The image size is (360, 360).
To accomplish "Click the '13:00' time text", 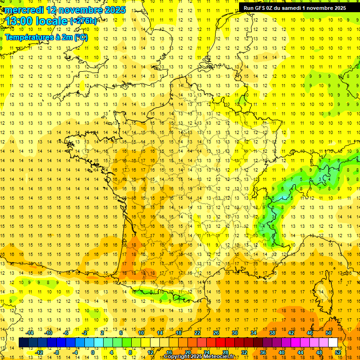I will (19, 21).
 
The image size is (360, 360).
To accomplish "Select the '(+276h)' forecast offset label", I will (83, 21).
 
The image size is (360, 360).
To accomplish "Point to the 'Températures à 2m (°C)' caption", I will (46, 37).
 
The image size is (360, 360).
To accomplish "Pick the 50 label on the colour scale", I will (328, 333).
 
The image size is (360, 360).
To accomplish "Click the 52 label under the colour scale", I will (337, 352).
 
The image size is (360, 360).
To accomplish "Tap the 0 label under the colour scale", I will (93, 352).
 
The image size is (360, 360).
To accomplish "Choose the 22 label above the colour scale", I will (197, 333).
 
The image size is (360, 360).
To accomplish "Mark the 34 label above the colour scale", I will (254, 333).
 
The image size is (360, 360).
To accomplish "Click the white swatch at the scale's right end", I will (333, 342).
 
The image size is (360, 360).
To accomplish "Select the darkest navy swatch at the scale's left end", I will (23, 342).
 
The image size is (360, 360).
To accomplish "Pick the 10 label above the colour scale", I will (141, 333).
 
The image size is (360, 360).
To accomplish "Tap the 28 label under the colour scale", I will (225, 352).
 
